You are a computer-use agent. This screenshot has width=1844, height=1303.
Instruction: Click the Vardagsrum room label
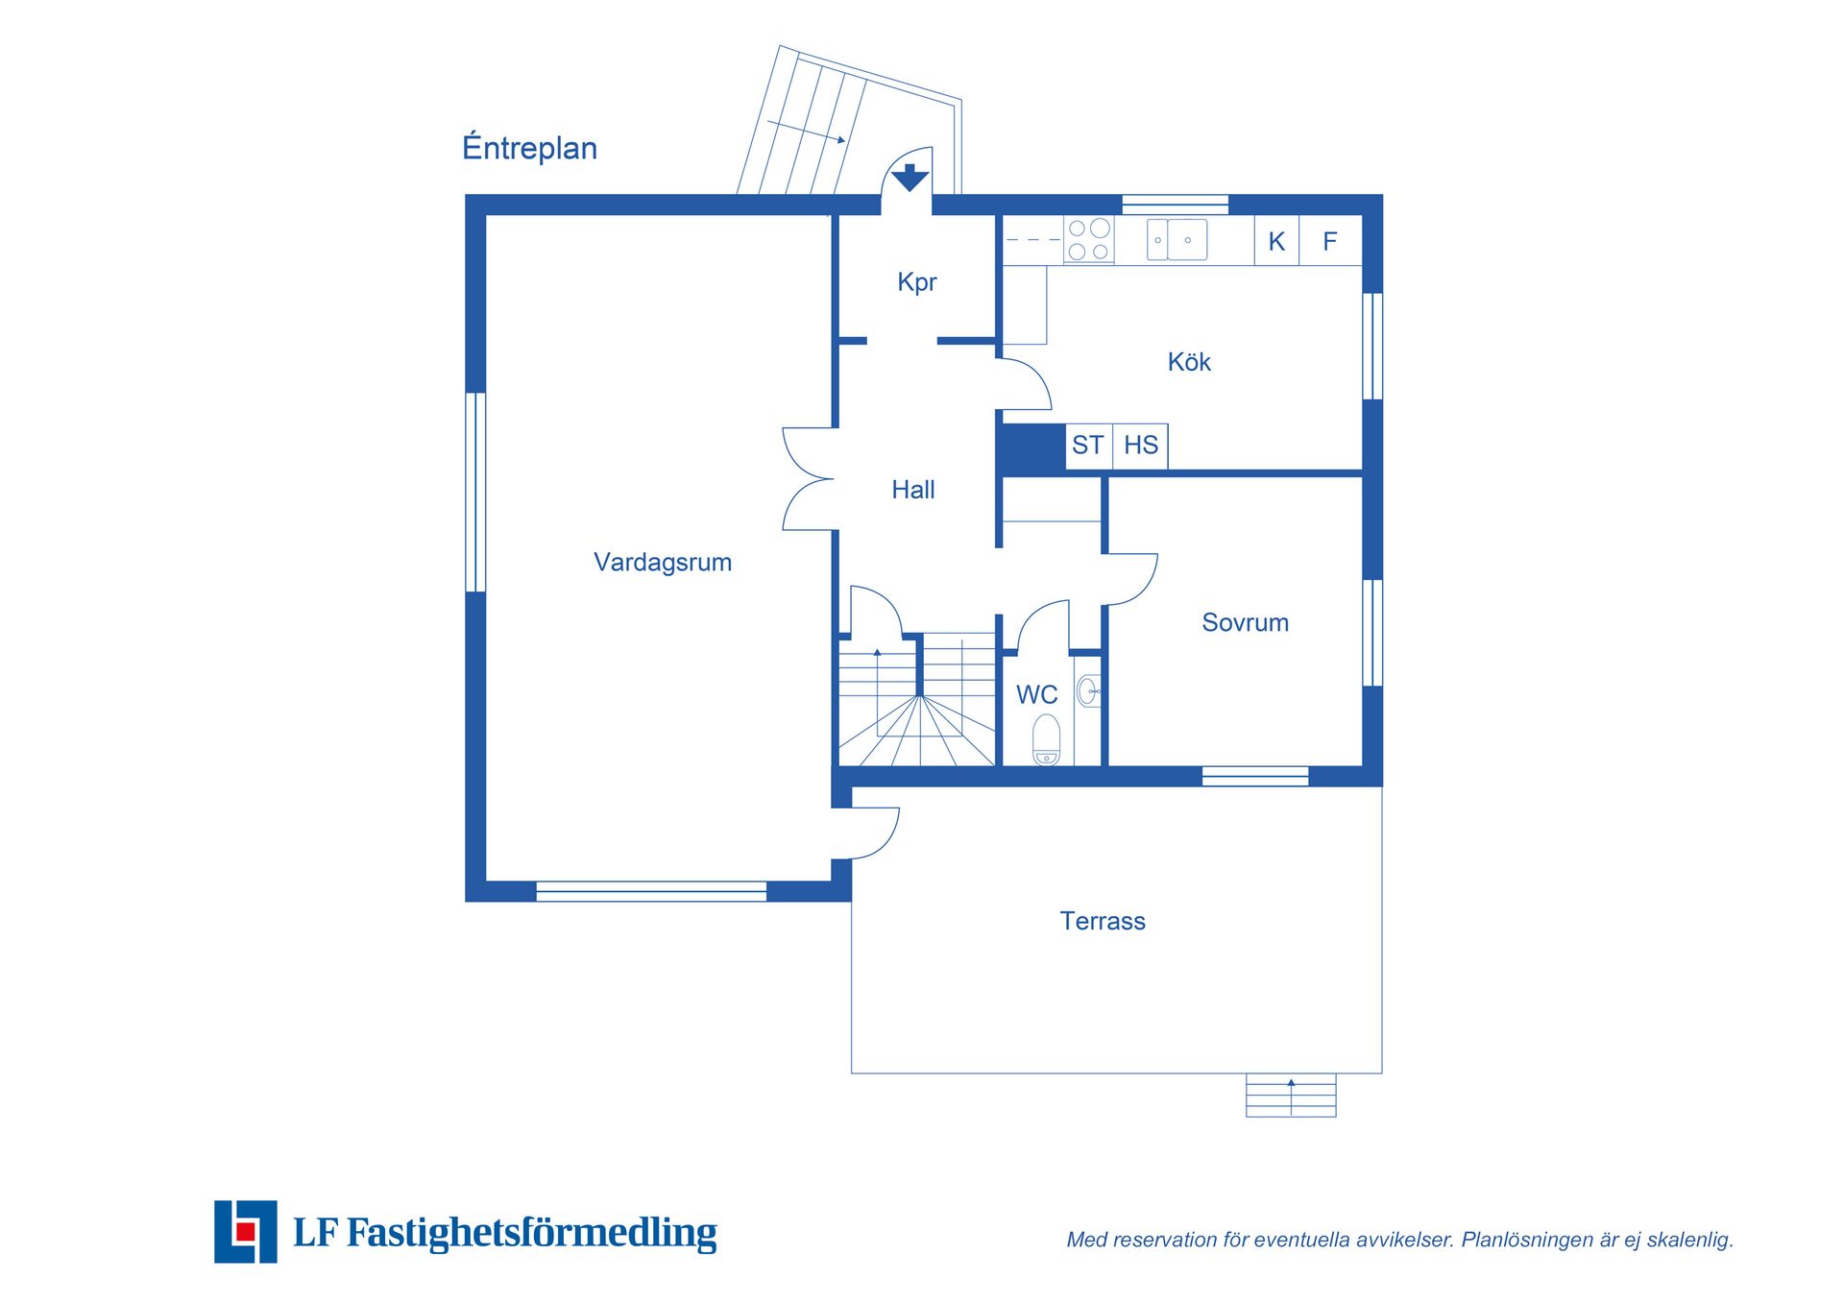[x=663, y=563]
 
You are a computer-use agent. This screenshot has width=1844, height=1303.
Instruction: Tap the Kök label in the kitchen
[x=1189, y=362]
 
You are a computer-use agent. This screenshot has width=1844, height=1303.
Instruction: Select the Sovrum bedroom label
[x=1246, y=622]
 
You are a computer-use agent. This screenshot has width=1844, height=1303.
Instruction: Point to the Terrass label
[x=1103, y=921]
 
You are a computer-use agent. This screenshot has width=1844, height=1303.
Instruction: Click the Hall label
[x=913, y=490]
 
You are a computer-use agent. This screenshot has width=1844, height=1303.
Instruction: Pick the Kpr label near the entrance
[x=917, y=282]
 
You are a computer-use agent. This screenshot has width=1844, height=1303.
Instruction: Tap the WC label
[x=1037, y=694]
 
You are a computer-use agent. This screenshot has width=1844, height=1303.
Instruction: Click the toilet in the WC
[x=1046, y=739]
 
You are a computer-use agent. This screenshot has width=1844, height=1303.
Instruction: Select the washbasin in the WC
[x=1088, y=691]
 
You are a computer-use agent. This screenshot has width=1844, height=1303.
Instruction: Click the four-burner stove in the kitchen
[x=1089, y=240]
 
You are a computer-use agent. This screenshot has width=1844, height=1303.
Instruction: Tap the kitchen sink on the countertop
[x=1177, y=240]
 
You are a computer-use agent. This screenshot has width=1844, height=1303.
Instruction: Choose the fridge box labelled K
[x=1276, y=241]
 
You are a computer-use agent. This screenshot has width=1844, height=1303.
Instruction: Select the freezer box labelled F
[x=1330, y=241]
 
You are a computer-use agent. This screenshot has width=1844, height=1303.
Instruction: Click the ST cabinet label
[x=1087, y=446]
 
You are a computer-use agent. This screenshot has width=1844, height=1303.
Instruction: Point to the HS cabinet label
[x=1141, y=446]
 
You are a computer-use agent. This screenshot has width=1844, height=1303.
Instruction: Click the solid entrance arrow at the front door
[x=910, y=177]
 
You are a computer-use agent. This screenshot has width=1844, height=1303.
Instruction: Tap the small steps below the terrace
[x=1291, y=1095]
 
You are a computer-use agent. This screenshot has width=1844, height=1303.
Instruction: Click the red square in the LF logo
[x=246, y=1231]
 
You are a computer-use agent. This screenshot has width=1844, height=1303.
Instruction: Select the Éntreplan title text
[x=529, y=147]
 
